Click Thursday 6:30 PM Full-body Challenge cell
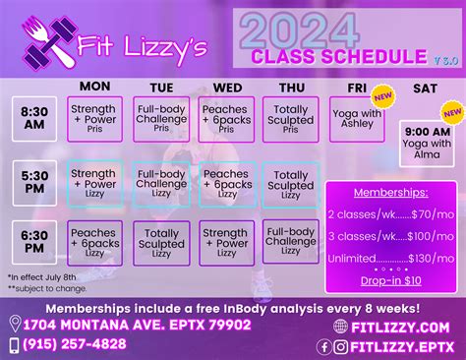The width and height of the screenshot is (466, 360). click(x=291, y=242)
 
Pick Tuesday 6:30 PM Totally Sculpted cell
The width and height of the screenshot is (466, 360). click(x=160, y=242)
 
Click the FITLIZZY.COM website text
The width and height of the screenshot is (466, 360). click(x=405, y=326)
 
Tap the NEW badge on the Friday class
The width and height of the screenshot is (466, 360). click(x=382, y=96)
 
